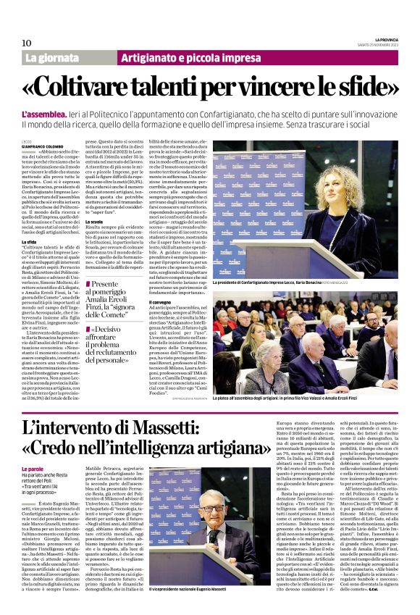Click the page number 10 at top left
(x=27, y=43)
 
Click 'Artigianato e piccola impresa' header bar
(x=181, y=57)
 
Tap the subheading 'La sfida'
(x=29, y=240)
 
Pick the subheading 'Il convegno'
(x=161, y=301)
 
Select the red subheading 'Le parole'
(x=33, y=449)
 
